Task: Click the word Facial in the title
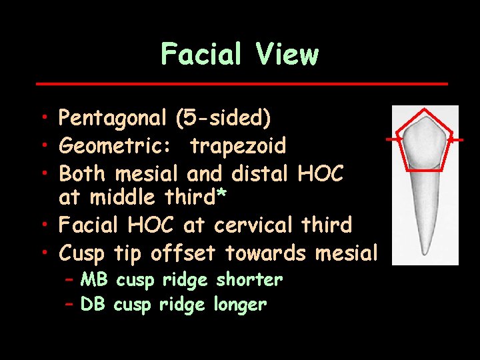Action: (x=203, y=54)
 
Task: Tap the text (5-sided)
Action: (x=223, y=119)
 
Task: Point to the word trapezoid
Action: (x=238, y=146)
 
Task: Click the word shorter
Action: (x=249, y=280)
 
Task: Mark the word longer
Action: (x=240, y=305)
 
